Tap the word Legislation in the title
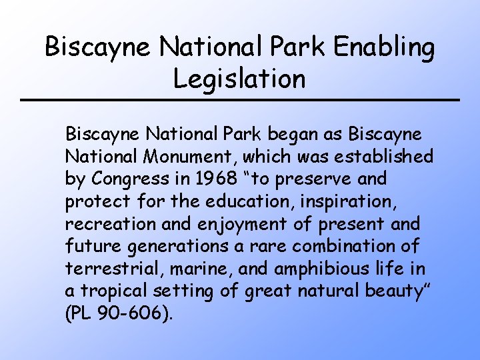coord(239,79)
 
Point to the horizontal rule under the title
coord(240,100)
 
